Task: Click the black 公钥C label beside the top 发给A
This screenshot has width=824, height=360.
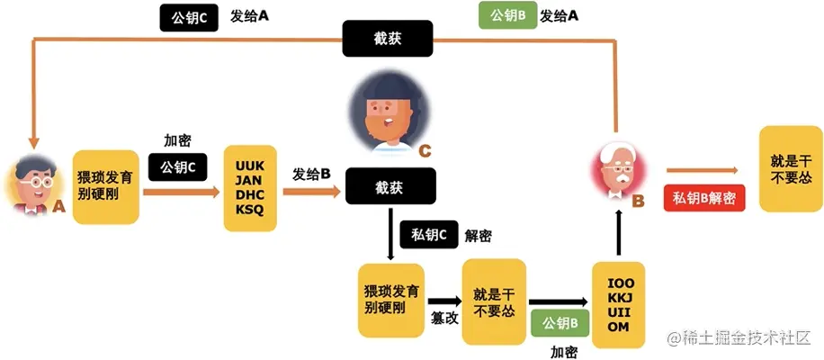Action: point(190,19)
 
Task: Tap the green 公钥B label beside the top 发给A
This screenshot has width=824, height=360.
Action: point(507,16)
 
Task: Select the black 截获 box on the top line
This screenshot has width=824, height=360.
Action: point(388,39)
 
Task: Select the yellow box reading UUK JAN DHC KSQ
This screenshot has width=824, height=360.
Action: point(249,187)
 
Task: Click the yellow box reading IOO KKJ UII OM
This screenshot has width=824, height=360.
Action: point(621,305)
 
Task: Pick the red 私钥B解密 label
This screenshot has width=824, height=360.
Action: point(704,198)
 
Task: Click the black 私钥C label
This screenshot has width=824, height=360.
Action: point(428,235)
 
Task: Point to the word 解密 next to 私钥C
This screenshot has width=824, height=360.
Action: point(479,236)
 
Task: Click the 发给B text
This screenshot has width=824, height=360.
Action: point(311,174)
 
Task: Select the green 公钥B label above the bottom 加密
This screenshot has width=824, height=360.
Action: point(560,322)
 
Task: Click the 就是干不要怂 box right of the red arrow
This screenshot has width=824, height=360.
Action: point(791,169)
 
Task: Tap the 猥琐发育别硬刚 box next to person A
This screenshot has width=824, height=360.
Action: point(106,186)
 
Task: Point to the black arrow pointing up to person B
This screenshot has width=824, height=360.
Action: point(619,232)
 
